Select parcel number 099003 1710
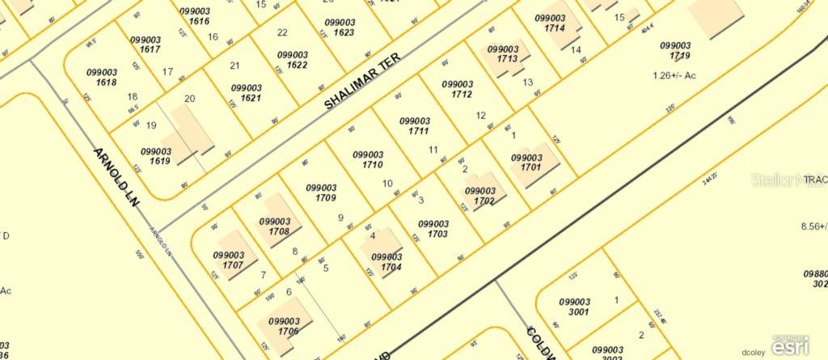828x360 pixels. [x=368, y=159]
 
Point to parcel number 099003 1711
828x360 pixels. [x=415, y=125]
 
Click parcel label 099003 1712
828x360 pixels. [x=458, y=88]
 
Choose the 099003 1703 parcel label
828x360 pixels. [x=433, y=228]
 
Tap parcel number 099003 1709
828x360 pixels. [x=321, y=193]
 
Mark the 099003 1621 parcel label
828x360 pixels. [x=246, y=92]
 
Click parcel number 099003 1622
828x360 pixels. [x=293, y=59]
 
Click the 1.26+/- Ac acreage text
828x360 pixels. [x=670, y=76]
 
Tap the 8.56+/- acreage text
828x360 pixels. [x=813, y=227]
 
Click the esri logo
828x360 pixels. [x=789, y=346]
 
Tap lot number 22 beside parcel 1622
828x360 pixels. [x=282, y=32]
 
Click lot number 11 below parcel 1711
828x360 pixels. [x=433, y=150]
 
